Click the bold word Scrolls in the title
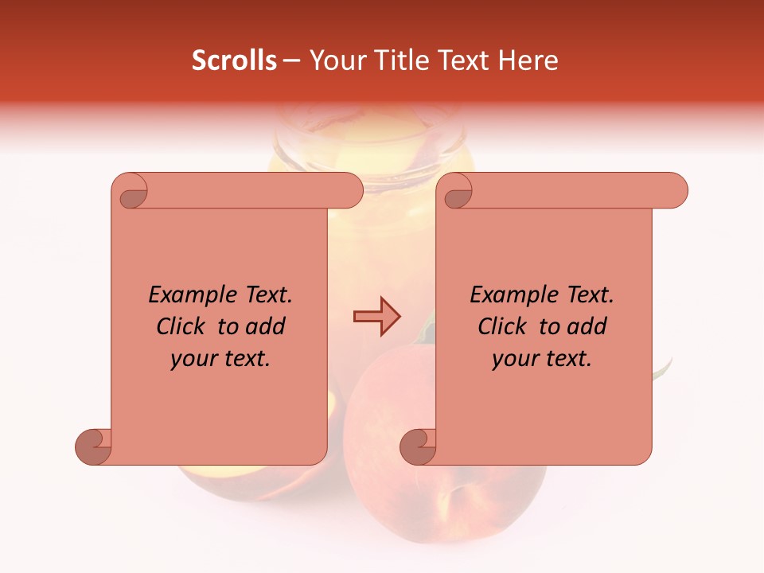point(234,60)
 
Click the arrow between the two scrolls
point(376,317)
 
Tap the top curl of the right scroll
point(456,192)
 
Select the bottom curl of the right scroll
point(418,446)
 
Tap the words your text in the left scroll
point(220,359)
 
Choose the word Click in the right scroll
point(502,326)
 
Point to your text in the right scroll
point(542,359)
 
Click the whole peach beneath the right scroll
point(446,493)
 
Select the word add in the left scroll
point(266,326)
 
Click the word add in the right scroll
point(587,326)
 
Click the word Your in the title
point(334,60)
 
